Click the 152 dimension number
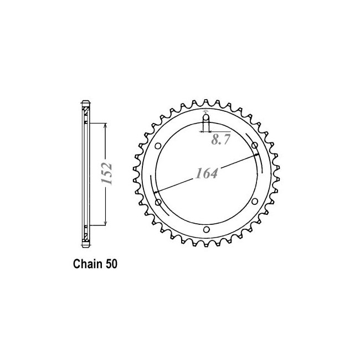pyautogui.click(x=107, y=173)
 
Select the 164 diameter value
pyautogui.click(x=207, y=173)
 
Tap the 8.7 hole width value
pyautogui.click(x=220, y=140)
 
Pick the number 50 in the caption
pyautogui.click(x=111, y=264)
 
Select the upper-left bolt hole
pyautogui.click(x=158, y=146)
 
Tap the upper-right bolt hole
pyautogui.click(x=255, y=145)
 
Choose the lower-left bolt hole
pyautogui.click(x=158, y=202)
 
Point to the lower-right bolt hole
pyautogui.click(x=255, y=202)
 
